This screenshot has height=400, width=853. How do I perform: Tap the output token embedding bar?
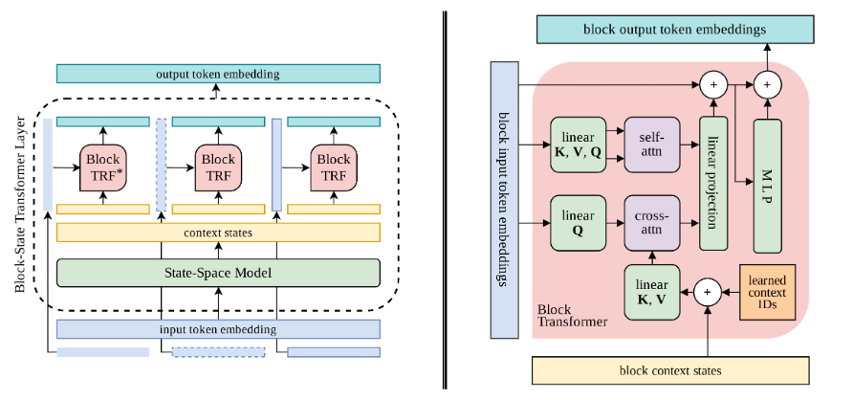(x=218, y=75)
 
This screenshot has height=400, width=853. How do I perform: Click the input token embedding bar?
(x=218, y=329)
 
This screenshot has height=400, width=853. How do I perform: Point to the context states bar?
(x=218, y=233)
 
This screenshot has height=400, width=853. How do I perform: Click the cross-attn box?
(x=650, y=226)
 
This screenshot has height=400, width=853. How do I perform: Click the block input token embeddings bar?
(x=503, y=201)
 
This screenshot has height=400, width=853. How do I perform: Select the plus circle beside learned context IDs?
(x=709, y=291)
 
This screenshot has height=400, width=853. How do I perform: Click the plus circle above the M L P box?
(x=767, y=85)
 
